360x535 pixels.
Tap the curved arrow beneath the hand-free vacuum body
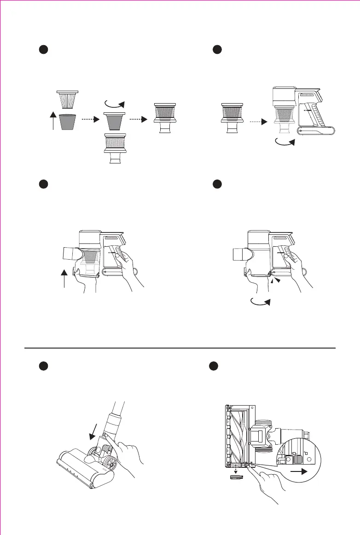tap(286, 144)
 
